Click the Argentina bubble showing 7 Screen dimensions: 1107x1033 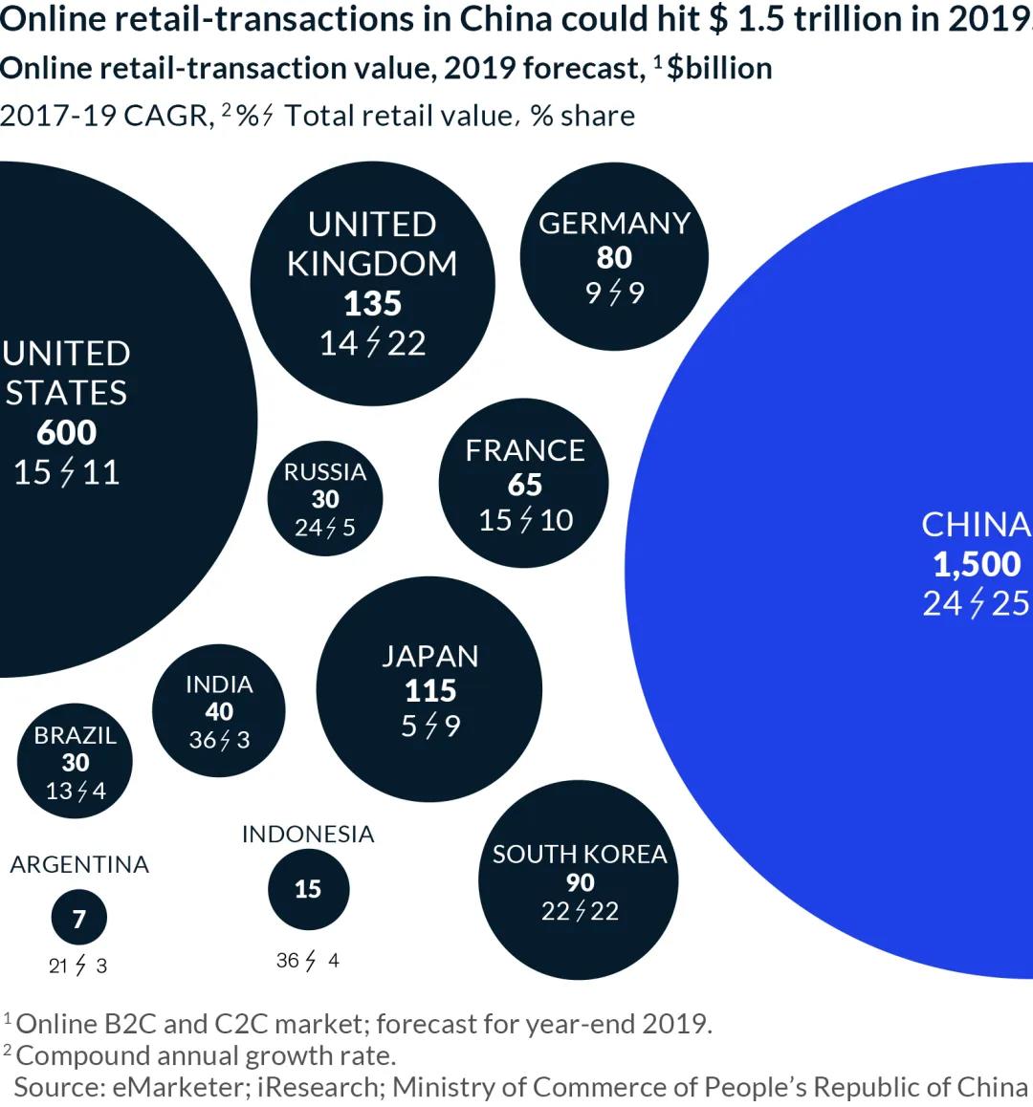pyautogui.click(x=79, y=918)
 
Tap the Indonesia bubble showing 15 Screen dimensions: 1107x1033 pyautogui.click(x=308, y=889)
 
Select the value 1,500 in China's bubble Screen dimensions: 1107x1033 pyautogui.click(x=977, y=564)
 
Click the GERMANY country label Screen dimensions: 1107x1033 pyautogui.click(x=614, y=224)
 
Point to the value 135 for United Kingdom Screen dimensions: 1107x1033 pyautogui.click(x=372, y=303)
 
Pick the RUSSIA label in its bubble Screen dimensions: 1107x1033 pyautogui.click(x=325, y=471)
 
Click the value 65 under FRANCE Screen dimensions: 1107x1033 pyautogui.click(x=525, y=485)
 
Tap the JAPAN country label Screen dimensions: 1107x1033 pyautogui.click(x=430, y=656)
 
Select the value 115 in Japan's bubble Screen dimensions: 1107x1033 pyautogui.click(x=430, y=690)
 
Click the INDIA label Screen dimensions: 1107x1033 pyautogui.click(x=219, y=684)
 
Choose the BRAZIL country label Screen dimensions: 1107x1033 pyautogui.click(x=75, y=735)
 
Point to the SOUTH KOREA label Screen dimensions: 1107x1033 pyautogui.click(x=580, y=854)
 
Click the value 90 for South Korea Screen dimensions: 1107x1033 pyautogui.click(x=580, y=882)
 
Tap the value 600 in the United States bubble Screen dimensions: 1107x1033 pyautogui.click(x=67, y=432)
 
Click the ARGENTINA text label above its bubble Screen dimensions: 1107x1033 pyautogui.click(x=79, y=864)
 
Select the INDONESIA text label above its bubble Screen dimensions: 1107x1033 pyautogui.click(x=308, y=834)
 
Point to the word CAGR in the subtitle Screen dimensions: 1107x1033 pyautogui.click(x=165, y=116)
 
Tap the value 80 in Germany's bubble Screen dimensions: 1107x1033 pyautogui.click(x=614, y=257)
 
